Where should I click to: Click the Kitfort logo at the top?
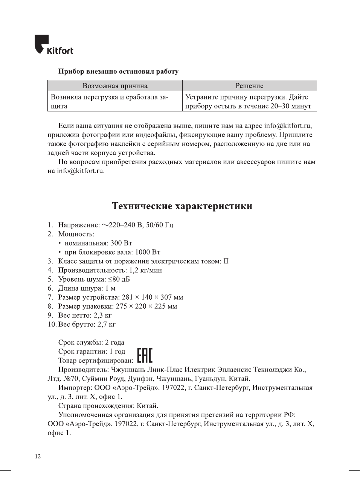54,45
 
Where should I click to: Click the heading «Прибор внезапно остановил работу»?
118,72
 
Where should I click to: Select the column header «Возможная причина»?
115,86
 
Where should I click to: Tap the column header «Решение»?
249,86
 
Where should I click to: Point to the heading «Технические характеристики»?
182,206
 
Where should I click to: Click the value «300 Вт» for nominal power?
121,243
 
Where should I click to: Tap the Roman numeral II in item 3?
226,261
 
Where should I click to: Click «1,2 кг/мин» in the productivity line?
145,270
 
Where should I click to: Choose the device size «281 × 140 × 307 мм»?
153,297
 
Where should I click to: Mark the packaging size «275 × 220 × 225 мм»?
146,306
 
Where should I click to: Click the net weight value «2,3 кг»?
102,315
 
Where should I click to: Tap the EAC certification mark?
145,355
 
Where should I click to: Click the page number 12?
38,457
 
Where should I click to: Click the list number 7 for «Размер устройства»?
50,297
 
